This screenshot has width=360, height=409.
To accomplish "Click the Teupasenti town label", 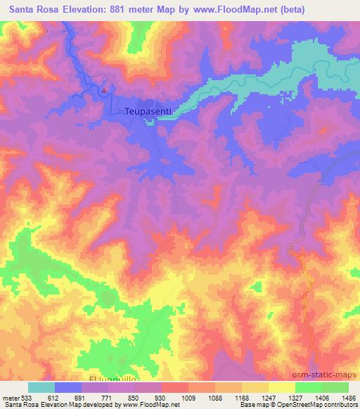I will pyautogui.click(x=148, y=110).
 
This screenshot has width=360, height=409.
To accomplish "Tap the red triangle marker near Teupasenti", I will pyautogui.click(x=104, y=89).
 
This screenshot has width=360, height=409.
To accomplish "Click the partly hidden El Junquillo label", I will pyautogui.click(x=108, y=379).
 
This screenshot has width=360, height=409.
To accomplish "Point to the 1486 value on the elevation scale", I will pyautogui.click(x=349, y=397).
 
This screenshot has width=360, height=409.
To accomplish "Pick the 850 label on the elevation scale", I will pyautogui.click(x=133, y=397).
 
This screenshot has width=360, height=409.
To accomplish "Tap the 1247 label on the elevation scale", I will pyautogui.click(x=267, y=397).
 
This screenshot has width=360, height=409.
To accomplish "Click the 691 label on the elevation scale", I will pyautogui.click(x=79, y=397).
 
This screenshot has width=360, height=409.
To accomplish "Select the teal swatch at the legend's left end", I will pyautogui.click(x=41, y=387).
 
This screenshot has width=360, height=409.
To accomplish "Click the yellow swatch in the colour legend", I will pyautogui.click(x=281, y=387).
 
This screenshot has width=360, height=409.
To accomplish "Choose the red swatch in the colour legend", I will pyautogui.click(x=174, y=387).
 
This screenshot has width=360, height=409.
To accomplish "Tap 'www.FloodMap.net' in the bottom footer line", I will pyautogui.click(x=143, y=405).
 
